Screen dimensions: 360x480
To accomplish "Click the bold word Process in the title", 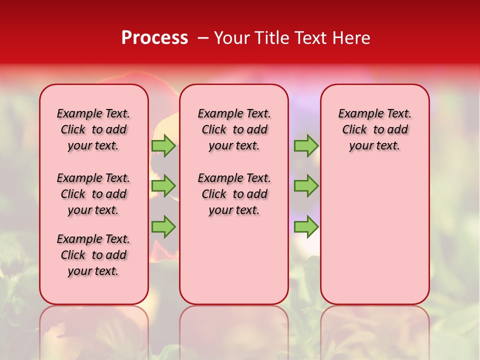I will click(154, 37).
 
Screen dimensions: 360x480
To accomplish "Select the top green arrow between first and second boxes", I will click(163, 145).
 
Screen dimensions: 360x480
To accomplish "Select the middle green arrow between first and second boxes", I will click(163, 186).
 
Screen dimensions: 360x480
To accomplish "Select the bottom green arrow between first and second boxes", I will click(163, 226).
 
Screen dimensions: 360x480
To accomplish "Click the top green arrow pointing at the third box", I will click(306, 145).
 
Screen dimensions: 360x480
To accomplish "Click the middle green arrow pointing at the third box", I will click(306, 186).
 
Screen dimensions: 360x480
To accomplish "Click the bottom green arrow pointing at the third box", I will click(306, 226).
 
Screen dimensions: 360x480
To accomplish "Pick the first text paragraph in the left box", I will click(93, 129).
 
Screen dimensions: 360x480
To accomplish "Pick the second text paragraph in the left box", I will click(93, 194).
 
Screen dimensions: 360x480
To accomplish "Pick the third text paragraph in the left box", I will click(93, 255).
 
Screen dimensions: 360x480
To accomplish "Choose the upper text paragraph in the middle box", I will click(234, 129).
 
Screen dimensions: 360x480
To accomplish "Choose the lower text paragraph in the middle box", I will click(234, 194).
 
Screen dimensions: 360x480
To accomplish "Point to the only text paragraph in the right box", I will click(375, 129).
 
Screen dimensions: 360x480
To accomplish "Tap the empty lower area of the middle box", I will click(234, 260).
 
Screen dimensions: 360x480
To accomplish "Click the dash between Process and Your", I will click(203, 37).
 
